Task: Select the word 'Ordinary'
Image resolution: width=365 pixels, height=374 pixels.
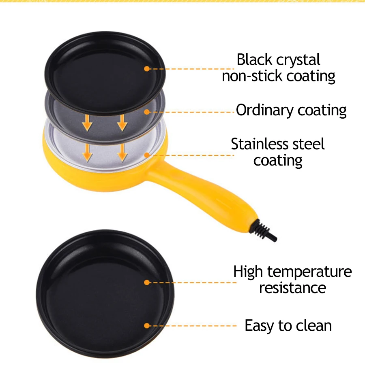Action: [x=264, y=110]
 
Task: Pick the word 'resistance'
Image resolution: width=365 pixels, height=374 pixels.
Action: [x=292, y=288]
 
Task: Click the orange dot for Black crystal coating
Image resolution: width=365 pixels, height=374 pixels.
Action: [x=147, y=69]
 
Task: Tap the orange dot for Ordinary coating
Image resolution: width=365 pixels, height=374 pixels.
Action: [x=147, y=112]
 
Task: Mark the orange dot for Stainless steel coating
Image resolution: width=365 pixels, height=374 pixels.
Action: [x=147, y=155]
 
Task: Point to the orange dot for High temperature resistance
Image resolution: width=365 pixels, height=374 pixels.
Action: [x=147, y=283]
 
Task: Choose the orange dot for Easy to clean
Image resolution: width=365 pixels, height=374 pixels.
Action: [x=147, y=325]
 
